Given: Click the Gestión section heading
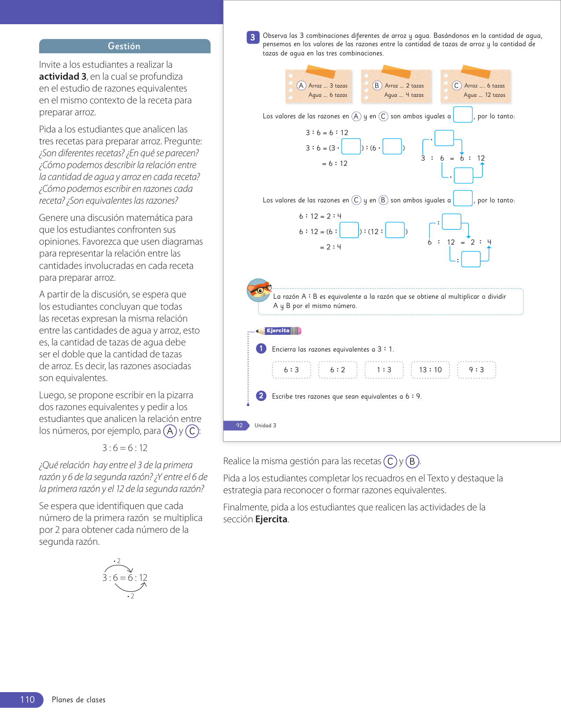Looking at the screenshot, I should point(124,46).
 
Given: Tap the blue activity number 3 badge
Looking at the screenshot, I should point(253,37).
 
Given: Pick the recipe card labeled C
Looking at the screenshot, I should point(476,87).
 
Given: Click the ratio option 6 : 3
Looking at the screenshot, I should point(291,370).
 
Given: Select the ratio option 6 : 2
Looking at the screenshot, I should point(337,370).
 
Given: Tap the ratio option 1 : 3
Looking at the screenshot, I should point(384,370).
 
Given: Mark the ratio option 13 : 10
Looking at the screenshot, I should point(430,370).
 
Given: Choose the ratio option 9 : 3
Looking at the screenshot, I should point(477,370).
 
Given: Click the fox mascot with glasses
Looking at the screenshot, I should point(259,290).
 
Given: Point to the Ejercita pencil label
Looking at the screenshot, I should point(279,331).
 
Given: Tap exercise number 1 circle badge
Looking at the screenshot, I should point(261,348).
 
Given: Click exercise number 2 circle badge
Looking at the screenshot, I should point(261,396).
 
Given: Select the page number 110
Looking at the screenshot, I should point(27,700).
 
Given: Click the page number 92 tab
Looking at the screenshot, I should point(239,425).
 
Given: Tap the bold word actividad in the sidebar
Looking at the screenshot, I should point(59,77).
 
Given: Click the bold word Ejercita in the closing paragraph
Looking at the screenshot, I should point(271,519).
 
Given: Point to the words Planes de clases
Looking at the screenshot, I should point(79,700).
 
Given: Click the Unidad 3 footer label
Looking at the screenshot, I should point(265,425).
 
